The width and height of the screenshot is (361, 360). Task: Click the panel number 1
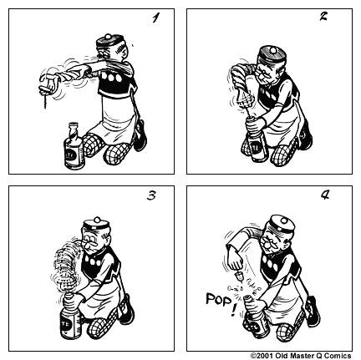click(x=155, y=18)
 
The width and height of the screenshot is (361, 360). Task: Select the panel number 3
click(x=151, y=196)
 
